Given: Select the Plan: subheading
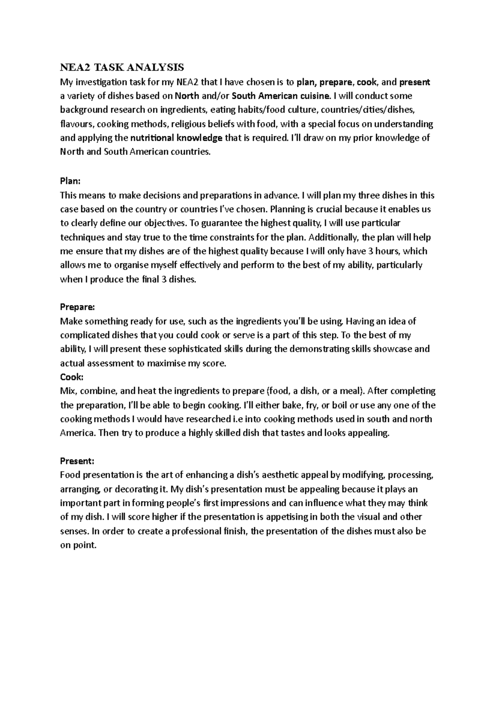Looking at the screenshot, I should tap(70, 181).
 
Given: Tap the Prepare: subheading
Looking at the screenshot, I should tap(77, 307).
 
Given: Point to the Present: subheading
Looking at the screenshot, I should tap(77, 461).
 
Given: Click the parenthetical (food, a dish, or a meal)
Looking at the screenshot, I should tap(315, 391).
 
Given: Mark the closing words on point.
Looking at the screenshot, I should tap(78, 545).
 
